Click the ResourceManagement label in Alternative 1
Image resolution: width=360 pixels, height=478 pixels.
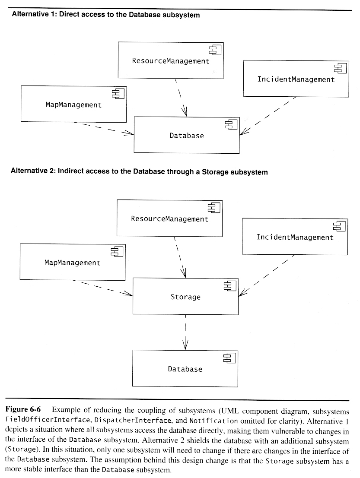tap(170, 61)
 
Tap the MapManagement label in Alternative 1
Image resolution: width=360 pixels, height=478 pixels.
tap(73, 104)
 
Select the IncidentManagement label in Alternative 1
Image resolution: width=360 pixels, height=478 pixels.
tap(296, 79)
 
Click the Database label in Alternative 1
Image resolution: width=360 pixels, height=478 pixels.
tap(186, 136)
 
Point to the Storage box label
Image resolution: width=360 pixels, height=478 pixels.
tap(185, 297)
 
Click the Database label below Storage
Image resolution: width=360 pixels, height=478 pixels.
tap(185, 369)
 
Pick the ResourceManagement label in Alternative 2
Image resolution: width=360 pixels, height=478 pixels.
tap(169, 219)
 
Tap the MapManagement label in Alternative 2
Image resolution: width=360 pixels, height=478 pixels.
tap(72, 263)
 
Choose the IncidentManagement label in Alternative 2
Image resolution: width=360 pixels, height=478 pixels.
tap(295, 237)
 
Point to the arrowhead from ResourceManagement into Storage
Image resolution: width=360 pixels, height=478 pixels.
tap(183, 272)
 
